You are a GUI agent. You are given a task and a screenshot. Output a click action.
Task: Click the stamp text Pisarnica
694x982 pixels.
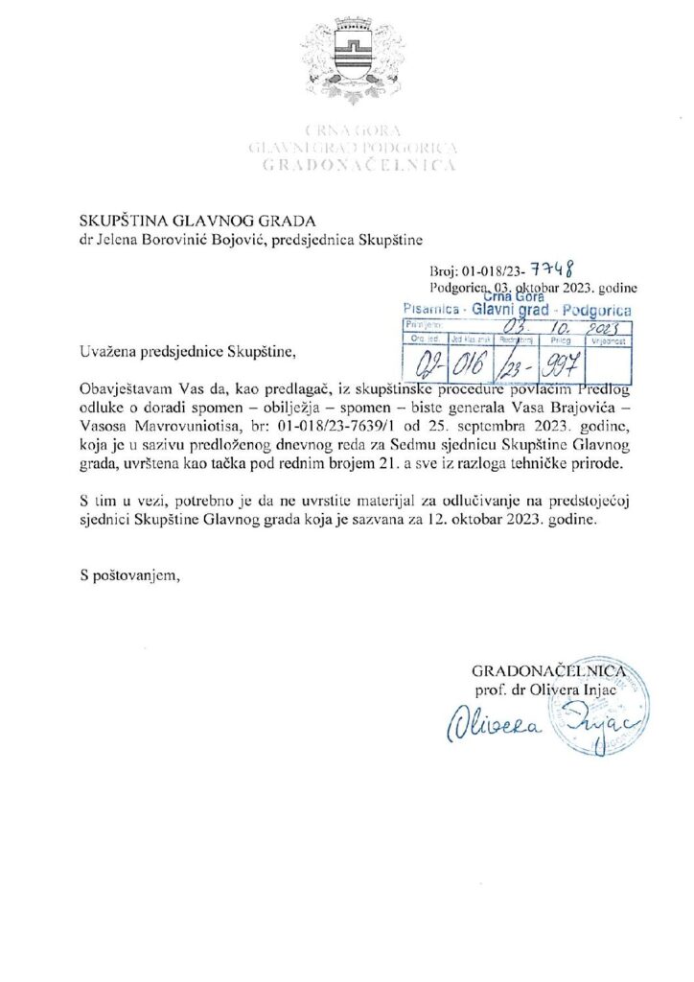428,312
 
